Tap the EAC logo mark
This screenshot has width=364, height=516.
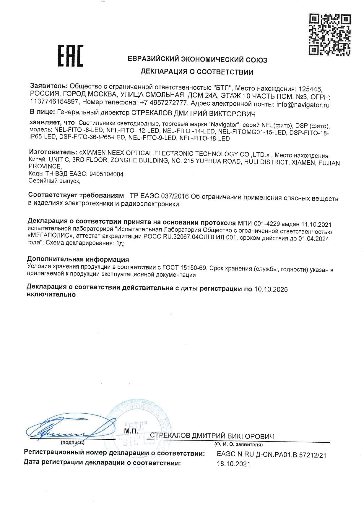click(x=70, y=56)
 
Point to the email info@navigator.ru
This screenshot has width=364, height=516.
click(x=303, y=105)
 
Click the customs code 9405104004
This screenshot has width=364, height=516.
click(x=107, y=174)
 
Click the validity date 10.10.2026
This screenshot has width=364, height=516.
click(x=271, y=289)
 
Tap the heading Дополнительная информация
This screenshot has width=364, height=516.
click(x=78, y=259)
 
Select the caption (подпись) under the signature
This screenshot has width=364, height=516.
click(x=72, y=443)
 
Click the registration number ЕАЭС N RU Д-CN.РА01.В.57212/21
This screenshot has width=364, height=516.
click(x=272, y=455)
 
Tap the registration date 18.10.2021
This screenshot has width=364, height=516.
click(x=233, y=464)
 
